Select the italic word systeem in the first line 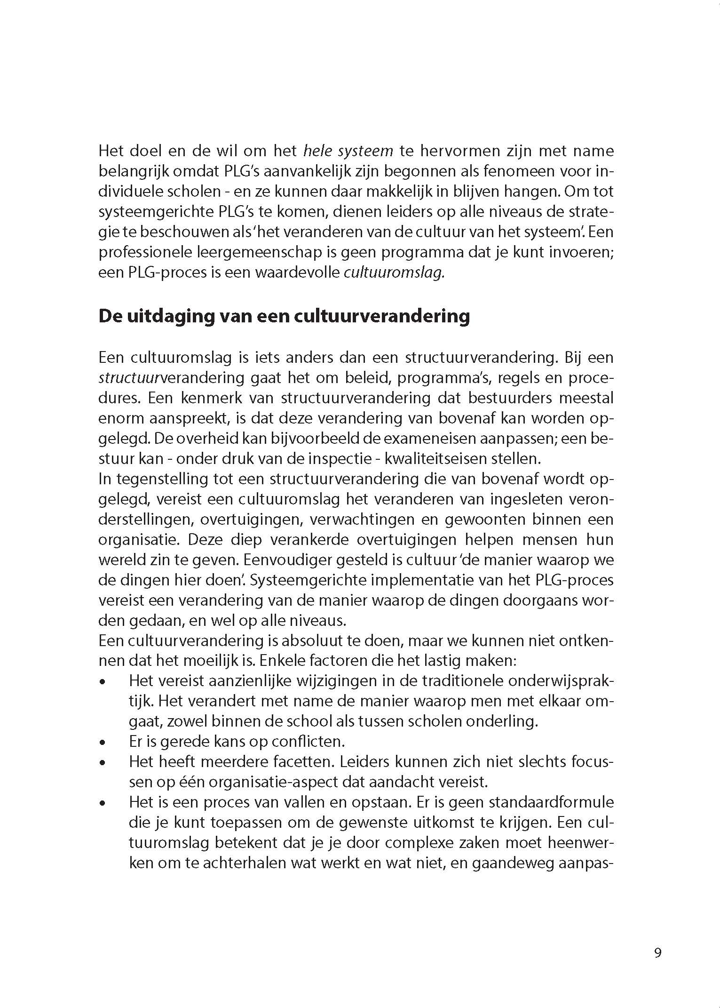[365, 151]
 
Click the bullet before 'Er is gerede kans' [103, 743]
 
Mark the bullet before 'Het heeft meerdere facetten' [103, 763]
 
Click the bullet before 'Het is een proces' [103, 803]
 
